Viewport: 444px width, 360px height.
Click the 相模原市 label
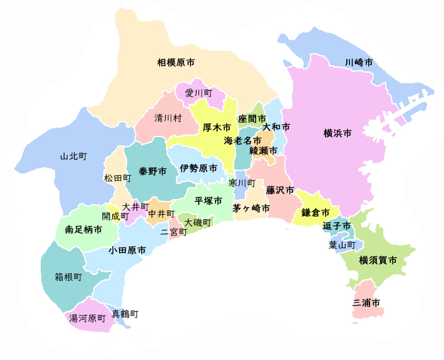click(x=175, y=63)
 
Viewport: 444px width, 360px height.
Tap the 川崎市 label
click(x=359, y=63)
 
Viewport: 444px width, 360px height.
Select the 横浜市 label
click(x=337, y=133)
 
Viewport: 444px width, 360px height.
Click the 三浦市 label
click(x=366, y=303)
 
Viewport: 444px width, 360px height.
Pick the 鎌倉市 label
click(x=316, y=212)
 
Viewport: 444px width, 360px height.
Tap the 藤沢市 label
click(x=280, y=188)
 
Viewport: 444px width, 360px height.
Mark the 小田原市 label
click(x=127, y=250)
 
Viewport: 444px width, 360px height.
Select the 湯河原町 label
click(x=87, y=318)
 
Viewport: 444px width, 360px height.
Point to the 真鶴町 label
click(x=125, y=313)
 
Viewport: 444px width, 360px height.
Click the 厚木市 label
click(x=217, y=127)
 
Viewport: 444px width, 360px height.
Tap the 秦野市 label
click(x=153, y=171)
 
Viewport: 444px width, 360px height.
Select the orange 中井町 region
click(x=159, y=213)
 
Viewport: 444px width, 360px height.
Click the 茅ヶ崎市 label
click(x=252, y=208)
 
